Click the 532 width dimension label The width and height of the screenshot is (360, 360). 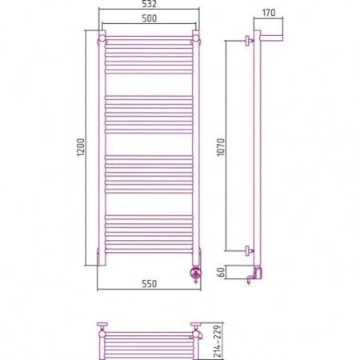pyautogui.click(x=150, y=4)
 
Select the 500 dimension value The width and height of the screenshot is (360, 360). pyautogui.click(x=150, y=18)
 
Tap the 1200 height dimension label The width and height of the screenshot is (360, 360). pyautogui.click(x=81, y=147)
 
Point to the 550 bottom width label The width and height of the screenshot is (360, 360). pyautogui.click(x=150, y=284)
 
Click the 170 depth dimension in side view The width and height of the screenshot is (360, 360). pyautogui.click(x=269, y=13)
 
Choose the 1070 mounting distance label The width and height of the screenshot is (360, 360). pyautogui.click(x=221, y=147)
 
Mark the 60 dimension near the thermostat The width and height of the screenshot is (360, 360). pyautogui.click(x=221, y=272)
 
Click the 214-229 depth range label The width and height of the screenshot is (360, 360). pyautogui.click(x=218, y=341)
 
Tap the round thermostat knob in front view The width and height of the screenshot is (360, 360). pyautogui.click(x=195, y=273)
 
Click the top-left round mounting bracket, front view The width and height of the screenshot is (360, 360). pyautogui.click(x=102, y=39)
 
